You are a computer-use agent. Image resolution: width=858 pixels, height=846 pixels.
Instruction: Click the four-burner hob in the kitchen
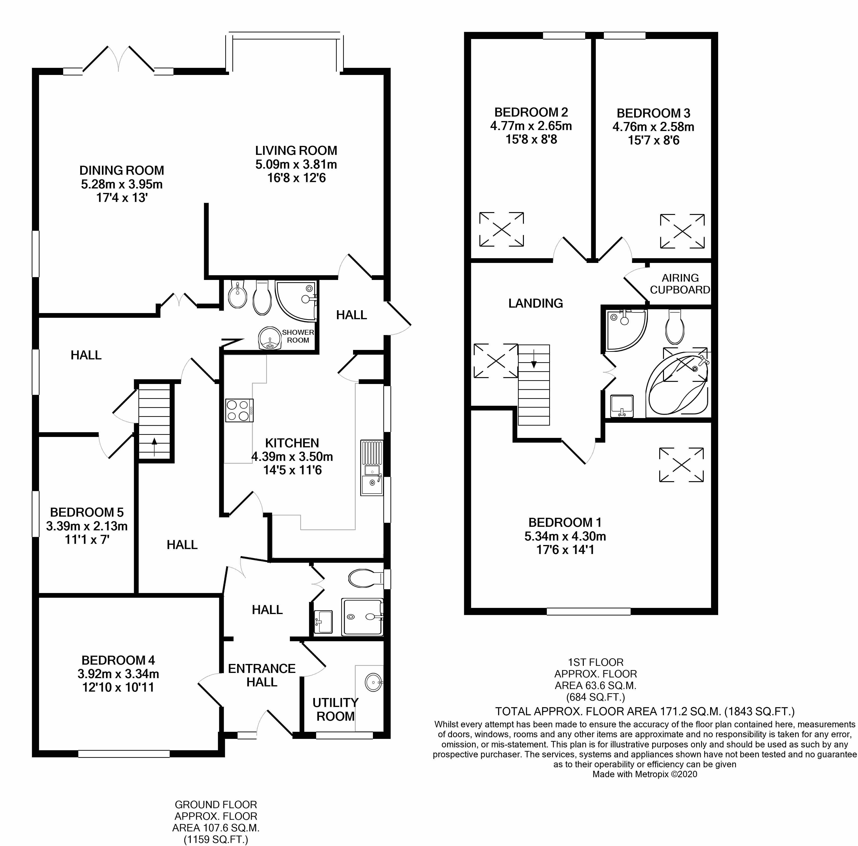239,410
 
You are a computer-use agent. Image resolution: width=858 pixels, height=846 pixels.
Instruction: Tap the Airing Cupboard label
680,284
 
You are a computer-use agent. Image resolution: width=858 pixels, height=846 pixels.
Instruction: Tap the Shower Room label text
298,336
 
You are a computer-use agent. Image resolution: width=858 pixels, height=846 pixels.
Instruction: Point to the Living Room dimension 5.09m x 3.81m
296,164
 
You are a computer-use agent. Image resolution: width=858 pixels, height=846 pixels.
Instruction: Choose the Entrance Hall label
262,675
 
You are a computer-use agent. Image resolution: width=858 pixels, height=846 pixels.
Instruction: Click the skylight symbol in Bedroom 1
681,465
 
